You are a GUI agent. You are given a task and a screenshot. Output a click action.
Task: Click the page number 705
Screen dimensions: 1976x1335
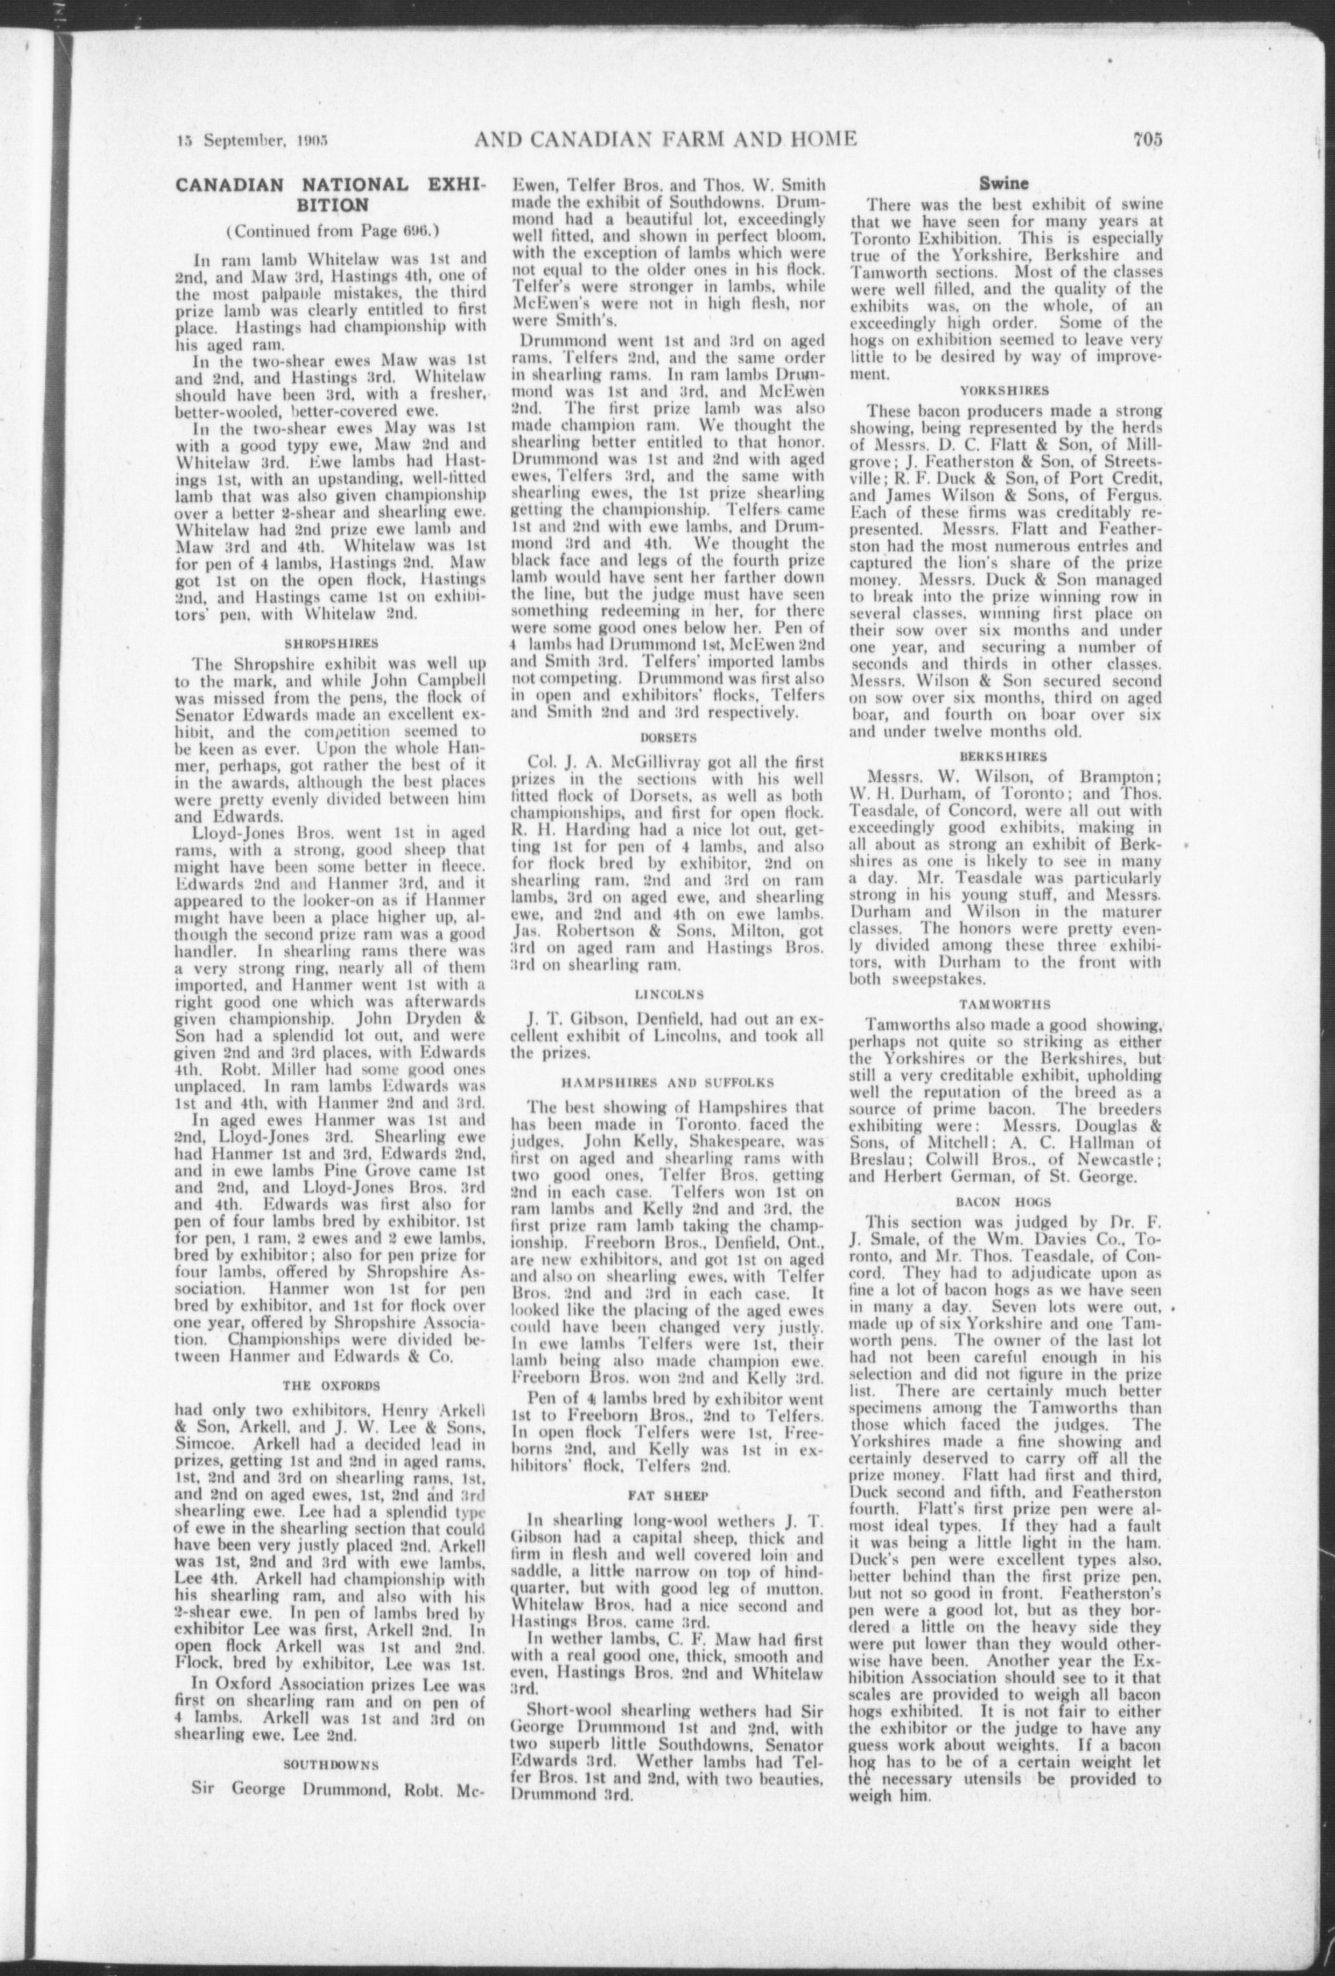click(1147, 140)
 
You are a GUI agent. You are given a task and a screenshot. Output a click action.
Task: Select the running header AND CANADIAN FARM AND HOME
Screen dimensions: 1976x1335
click(664, 139)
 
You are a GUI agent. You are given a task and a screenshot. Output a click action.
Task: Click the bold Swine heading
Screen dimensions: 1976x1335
click(1005, 181)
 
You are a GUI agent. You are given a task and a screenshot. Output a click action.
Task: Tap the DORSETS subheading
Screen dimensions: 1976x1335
click(667, 736)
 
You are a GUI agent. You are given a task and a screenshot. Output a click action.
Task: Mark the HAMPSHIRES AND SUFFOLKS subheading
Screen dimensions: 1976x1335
click(667, 1083)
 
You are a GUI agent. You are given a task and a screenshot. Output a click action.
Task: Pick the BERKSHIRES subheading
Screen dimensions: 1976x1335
click(1006, 755)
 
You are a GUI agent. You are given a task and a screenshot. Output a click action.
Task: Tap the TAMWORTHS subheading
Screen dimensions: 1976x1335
click(1006, 1005)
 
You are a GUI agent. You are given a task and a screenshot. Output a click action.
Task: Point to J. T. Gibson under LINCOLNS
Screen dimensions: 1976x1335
click(575, 1019)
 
